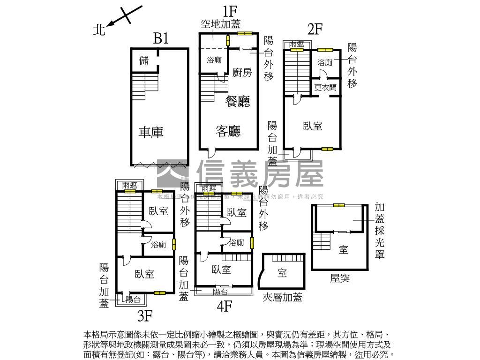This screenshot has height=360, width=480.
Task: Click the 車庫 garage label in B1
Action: [151, 132]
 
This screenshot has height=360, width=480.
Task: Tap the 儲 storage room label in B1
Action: [144, 60]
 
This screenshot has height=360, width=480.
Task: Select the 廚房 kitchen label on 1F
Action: [242, 72]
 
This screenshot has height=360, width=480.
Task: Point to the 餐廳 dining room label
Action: [238, 102]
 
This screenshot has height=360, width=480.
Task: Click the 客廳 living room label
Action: [228, 131]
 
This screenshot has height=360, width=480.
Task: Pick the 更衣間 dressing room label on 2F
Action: [325, 87]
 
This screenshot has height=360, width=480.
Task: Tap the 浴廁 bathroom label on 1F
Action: [214, 60]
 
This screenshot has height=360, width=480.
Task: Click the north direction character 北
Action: [99, 30]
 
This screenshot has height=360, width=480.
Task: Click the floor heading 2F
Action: [315, 29]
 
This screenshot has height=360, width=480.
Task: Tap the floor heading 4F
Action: [225, 306]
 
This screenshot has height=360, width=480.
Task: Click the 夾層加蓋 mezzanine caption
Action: [282, 297]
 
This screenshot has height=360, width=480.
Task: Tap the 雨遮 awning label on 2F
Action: [296, 44]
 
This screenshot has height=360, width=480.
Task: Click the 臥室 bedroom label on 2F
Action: [313, 126]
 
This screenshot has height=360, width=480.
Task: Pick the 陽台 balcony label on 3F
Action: [133, 300]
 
